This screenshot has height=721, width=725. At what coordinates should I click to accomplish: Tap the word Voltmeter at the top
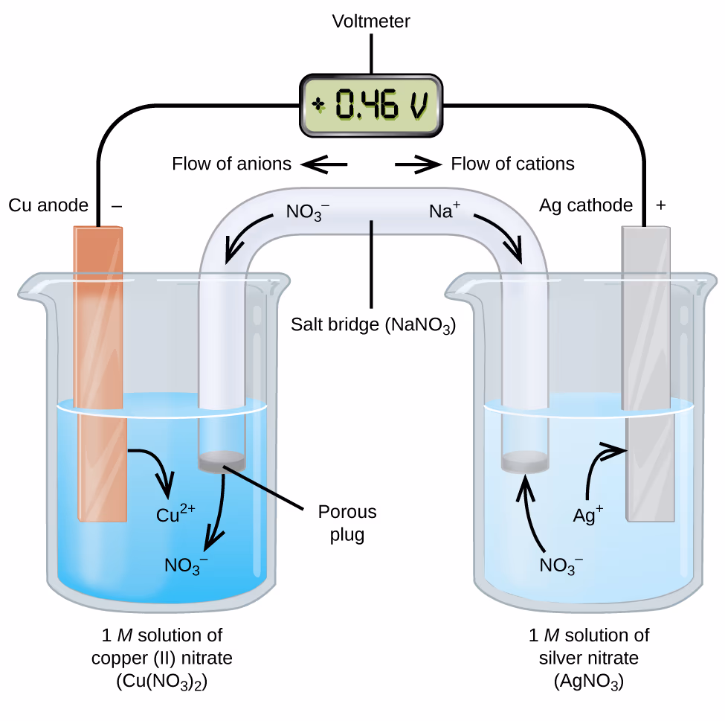371,22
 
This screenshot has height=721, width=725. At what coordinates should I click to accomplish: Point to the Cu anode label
48,205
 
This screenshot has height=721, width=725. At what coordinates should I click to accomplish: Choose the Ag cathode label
586,205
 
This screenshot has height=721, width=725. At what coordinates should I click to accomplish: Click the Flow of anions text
231,164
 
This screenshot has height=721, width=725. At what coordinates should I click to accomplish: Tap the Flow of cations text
512,164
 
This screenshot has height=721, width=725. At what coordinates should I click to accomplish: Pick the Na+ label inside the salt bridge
445,211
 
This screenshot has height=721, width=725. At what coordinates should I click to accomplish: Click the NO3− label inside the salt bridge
306,213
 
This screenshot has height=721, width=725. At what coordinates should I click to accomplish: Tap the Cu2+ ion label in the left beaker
175,513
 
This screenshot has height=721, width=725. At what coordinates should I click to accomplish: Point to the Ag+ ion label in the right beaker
587,514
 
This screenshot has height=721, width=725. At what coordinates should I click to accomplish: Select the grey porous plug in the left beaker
222,461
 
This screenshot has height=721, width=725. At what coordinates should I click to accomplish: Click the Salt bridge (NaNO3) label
373,325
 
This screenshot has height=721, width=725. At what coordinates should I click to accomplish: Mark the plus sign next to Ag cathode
660,205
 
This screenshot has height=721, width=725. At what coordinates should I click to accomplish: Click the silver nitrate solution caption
588,658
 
